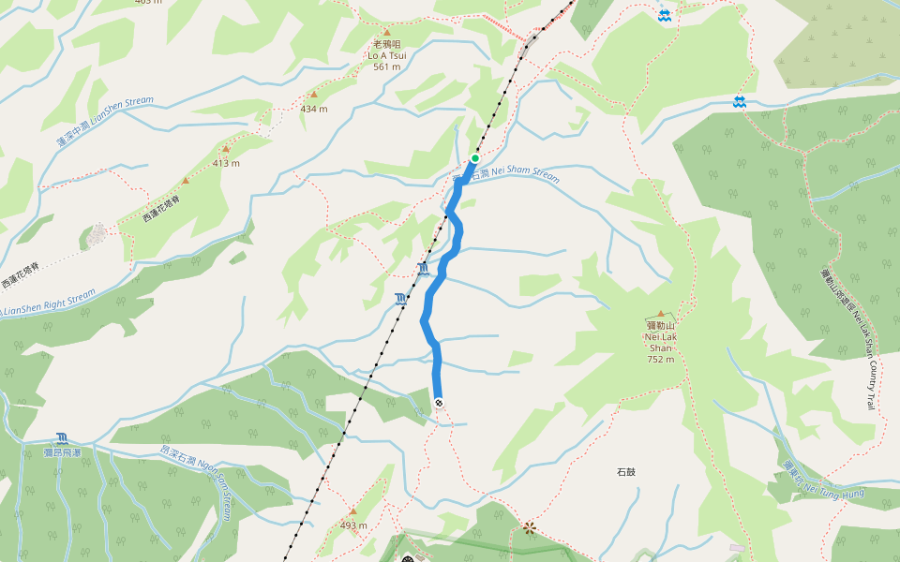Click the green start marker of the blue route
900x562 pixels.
click(475, 158)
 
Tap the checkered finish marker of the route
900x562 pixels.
click(439, 403)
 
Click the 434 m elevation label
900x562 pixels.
click(314, 109)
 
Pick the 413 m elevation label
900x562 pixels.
click(226, 163)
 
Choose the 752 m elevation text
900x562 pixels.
click(661, 360)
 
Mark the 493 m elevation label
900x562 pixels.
click(353, 525)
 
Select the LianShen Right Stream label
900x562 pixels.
click(49, 303)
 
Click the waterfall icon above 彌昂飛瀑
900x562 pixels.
click(62, 437)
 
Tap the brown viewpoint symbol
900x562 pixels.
click(530, 527)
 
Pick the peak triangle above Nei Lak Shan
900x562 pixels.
click(661, 314)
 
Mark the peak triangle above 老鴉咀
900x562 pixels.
click(386, 31)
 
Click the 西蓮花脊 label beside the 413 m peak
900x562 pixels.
click(161, 209)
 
